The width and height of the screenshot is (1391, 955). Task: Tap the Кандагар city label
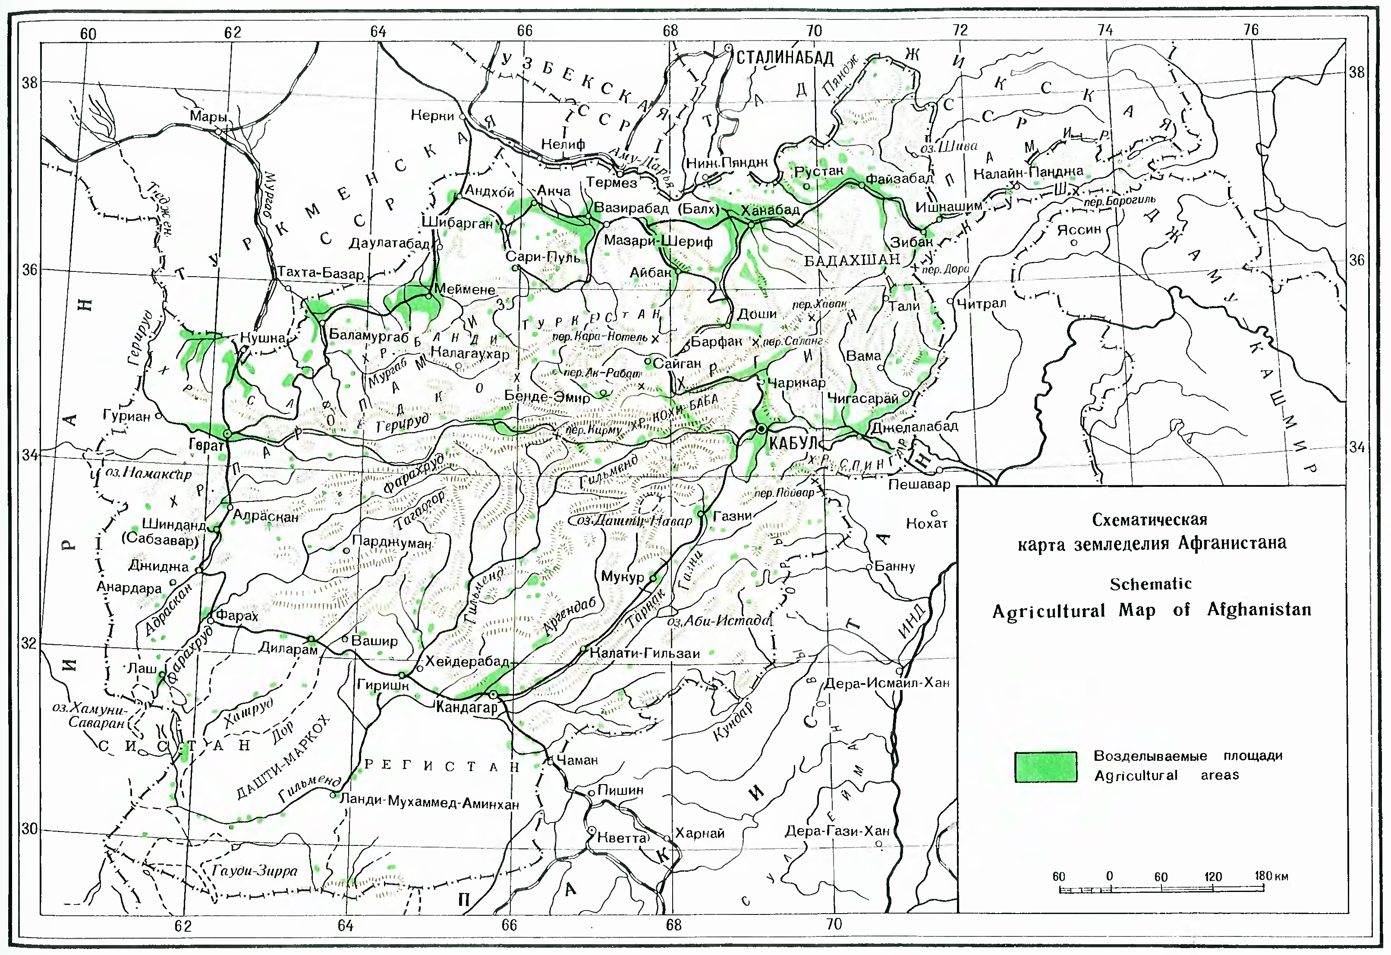(x=466, y=708)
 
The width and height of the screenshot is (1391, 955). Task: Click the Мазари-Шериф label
(x=658, y=241)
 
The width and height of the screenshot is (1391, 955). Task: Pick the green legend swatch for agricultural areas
(x=1045, y=767)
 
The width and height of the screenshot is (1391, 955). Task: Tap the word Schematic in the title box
(x=1150, y=584)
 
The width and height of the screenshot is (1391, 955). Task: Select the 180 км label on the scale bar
(x=1271, y=876)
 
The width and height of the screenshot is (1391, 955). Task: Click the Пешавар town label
(x=919, y=484)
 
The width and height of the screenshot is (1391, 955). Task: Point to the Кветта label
(x=623, y=838)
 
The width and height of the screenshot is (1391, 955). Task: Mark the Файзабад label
(x=899, y=178)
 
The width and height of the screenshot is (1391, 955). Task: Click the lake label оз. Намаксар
(x=148, y=473)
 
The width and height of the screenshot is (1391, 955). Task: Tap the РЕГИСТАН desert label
(x=442, y=766)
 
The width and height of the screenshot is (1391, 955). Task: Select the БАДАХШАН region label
(x=852, y=260)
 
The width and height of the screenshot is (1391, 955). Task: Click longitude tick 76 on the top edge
(x=1250, y=30)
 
